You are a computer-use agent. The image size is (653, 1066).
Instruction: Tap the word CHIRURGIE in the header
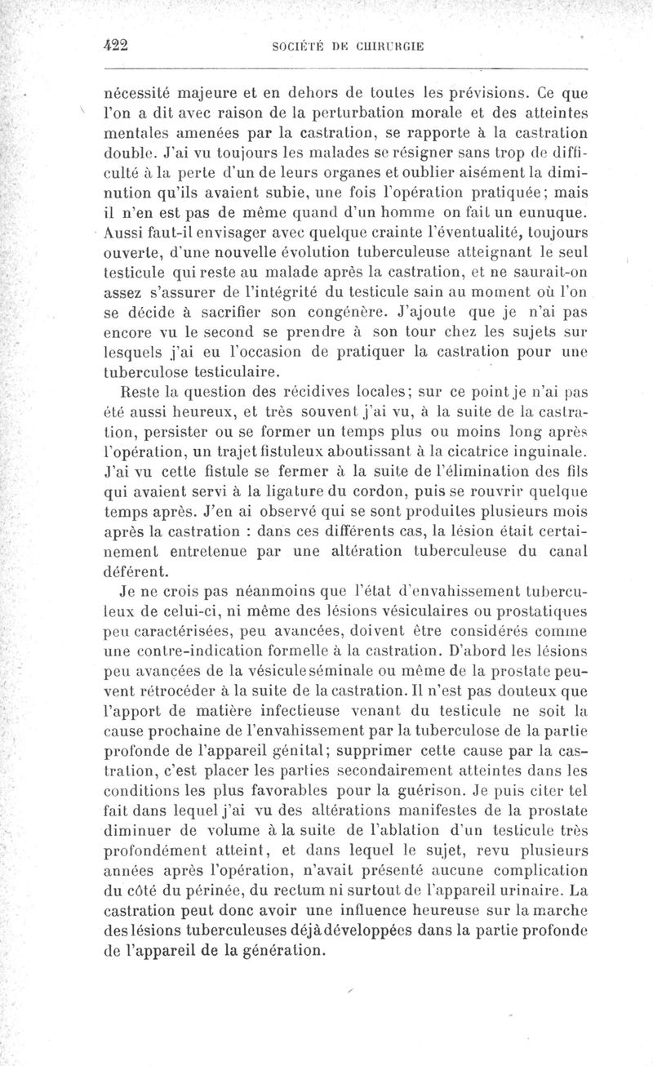tap(389, 47)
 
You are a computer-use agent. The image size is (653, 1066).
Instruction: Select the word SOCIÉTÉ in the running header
tap(296, 47)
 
